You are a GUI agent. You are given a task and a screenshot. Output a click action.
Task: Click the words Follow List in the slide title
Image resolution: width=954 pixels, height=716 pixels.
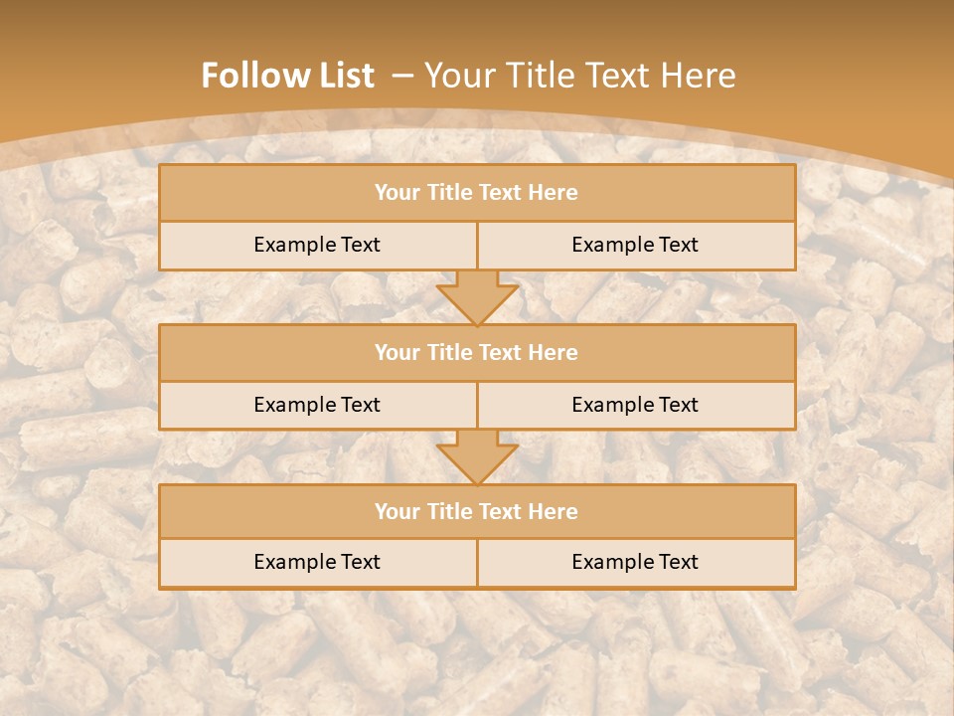(x=288, y=76)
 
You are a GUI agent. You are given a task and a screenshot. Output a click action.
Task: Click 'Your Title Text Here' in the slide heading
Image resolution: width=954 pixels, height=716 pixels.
(x=580, y=76)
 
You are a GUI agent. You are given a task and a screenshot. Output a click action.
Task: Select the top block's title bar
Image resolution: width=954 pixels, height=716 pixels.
(x=477, y=193)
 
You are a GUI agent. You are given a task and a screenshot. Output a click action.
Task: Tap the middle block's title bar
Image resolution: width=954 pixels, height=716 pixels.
(x=477, y=352)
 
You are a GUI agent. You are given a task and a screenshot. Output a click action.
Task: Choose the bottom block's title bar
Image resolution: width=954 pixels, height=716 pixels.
(x=477, y=511)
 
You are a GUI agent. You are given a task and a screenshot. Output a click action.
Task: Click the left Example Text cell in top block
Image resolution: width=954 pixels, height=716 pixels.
(x=317, y=245)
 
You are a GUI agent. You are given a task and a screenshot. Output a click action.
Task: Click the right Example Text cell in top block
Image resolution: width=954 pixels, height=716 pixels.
(x=635, y=245)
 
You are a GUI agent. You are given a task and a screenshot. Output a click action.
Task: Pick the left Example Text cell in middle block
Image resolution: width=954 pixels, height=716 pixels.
(x=317, y=405)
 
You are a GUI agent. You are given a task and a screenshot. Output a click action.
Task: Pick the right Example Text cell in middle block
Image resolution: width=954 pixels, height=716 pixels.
(x=635, y=405)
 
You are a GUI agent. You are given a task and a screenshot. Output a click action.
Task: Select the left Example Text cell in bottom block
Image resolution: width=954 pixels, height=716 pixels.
(x=317, y=562)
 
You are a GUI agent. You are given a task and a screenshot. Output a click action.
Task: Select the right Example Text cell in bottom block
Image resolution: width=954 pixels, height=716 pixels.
(x=635, y=562)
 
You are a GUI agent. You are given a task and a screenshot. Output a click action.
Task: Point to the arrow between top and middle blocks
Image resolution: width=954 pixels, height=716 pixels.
(x=477, y=297)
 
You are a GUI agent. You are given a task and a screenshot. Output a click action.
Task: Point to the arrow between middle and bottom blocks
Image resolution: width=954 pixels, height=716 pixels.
(x=477, y=456)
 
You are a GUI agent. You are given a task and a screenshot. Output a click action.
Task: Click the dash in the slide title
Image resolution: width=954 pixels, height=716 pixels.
(x=402, y=76)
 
